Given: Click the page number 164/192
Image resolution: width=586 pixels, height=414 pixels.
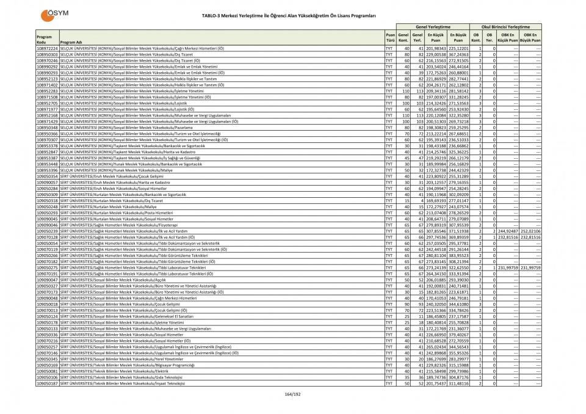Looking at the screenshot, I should click(293, 395).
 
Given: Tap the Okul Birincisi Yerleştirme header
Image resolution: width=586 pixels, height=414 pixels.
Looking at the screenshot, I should click(506, 27).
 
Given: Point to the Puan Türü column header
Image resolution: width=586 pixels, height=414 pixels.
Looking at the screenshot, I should click(390, 38).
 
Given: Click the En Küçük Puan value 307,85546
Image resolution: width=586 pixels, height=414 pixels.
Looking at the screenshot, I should click(436, 231).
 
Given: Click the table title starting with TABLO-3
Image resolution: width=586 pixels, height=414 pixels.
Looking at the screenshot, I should click(293, 14).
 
